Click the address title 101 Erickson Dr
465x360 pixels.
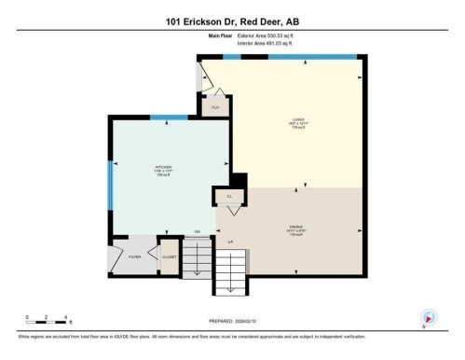232,21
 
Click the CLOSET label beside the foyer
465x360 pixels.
170,255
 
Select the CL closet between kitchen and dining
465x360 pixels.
228,197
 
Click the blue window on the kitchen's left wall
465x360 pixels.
110,184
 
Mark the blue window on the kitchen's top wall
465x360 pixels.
169,117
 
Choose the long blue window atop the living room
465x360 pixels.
312,57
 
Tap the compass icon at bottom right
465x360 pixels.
429,317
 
